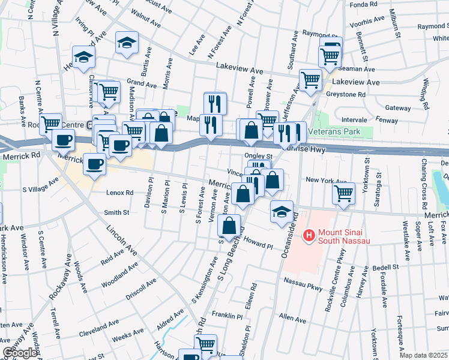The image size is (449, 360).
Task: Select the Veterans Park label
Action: tap(333, 131)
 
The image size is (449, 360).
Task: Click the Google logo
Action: tap(19, 352)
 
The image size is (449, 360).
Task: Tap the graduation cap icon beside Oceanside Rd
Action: tap(281, 212)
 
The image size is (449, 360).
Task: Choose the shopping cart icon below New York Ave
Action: tap(343, 194)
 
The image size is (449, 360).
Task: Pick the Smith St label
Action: tap(116, 212)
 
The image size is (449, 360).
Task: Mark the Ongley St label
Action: tap(259, 156)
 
